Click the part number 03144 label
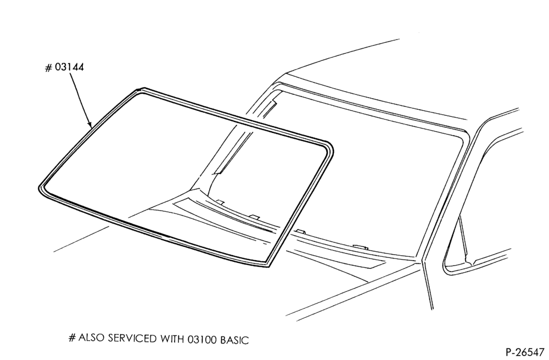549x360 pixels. point(69,67)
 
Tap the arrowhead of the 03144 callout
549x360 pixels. point(89,124)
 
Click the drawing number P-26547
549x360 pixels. point(525,351)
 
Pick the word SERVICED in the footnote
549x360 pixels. point(133,339)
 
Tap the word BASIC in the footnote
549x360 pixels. point(234,340)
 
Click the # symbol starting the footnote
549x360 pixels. point(72,338)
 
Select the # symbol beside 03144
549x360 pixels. point(49,67)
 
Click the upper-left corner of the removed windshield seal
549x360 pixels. point(141,90)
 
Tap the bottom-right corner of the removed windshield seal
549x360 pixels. point(268,265)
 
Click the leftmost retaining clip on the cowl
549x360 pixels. point(220,202)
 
